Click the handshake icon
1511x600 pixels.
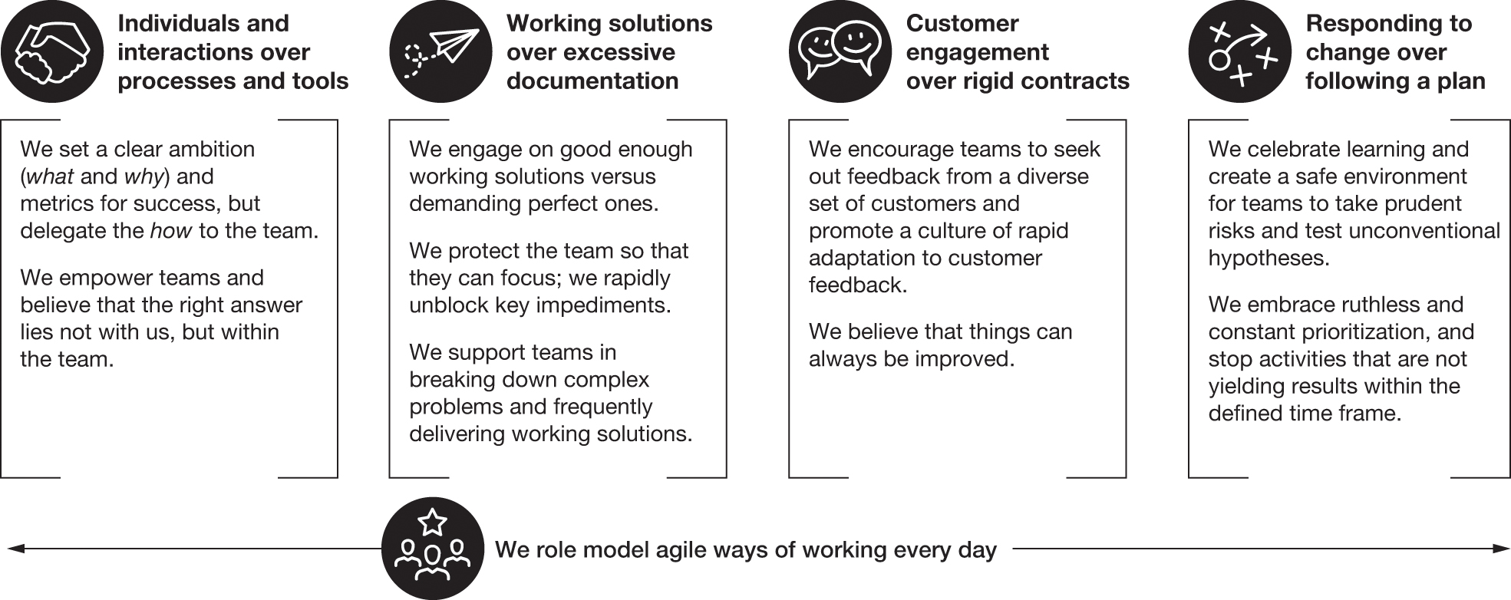(x=51, y=51)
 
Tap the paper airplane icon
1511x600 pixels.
(x=440, y=51)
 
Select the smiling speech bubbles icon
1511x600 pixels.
(x=840, y=51)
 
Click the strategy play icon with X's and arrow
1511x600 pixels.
(x=1240, y=51)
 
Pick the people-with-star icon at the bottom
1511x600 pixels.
(x=433, y=549)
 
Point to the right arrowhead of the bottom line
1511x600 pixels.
(x=1501, y=549)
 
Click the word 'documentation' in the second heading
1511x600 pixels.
(x=592, y=81)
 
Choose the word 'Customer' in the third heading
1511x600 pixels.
(x=962, y=24)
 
